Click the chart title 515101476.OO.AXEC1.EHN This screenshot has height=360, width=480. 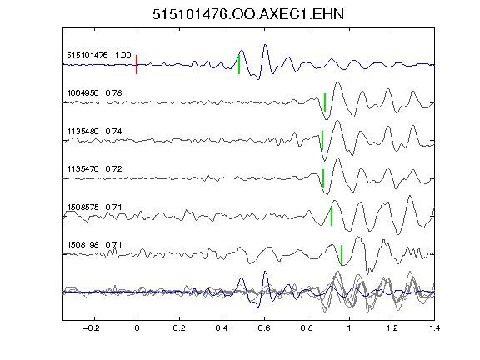(x=248, y=14)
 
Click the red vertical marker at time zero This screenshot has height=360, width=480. (x=137, y=65)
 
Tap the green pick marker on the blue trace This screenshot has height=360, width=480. (x=239, y=65)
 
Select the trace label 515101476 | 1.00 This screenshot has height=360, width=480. (x=99, y=55)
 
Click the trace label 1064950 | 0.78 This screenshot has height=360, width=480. (x=94, y=92)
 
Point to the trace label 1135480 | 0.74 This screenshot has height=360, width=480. (x=94, y=132)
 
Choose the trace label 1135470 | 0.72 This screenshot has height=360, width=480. (x=94, y=168)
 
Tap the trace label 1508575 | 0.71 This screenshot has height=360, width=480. (x=94, y=207)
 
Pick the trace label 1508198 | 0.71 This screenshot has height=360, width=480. (x=94, y=245)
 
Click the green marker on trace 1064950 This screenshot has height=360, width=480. (x=325, y=102)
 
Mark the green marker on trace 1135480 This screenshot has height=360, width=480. (x=322, y=141)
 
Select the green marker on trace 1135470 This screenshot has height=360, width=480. (x=323, y=178)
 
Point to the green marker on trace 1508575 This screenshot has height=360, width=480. (x=332, y=217)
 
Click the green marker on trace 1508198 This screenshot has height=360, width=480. (x=342, y=254)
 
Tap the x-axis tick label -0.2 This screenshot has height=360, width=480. (x=92, y=328)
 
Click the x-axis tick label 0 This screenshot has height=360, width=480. (x=137, y=328)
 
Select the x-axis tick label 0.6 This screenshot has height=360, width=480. (x=264, y=328)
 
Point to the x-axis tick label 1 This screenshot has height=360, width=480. (x=349, y=328)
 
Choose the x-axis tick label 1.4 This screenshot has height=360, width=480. (x=434, y=328)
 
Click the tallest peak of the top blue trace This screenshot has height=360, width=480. (x=265, y=45)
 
